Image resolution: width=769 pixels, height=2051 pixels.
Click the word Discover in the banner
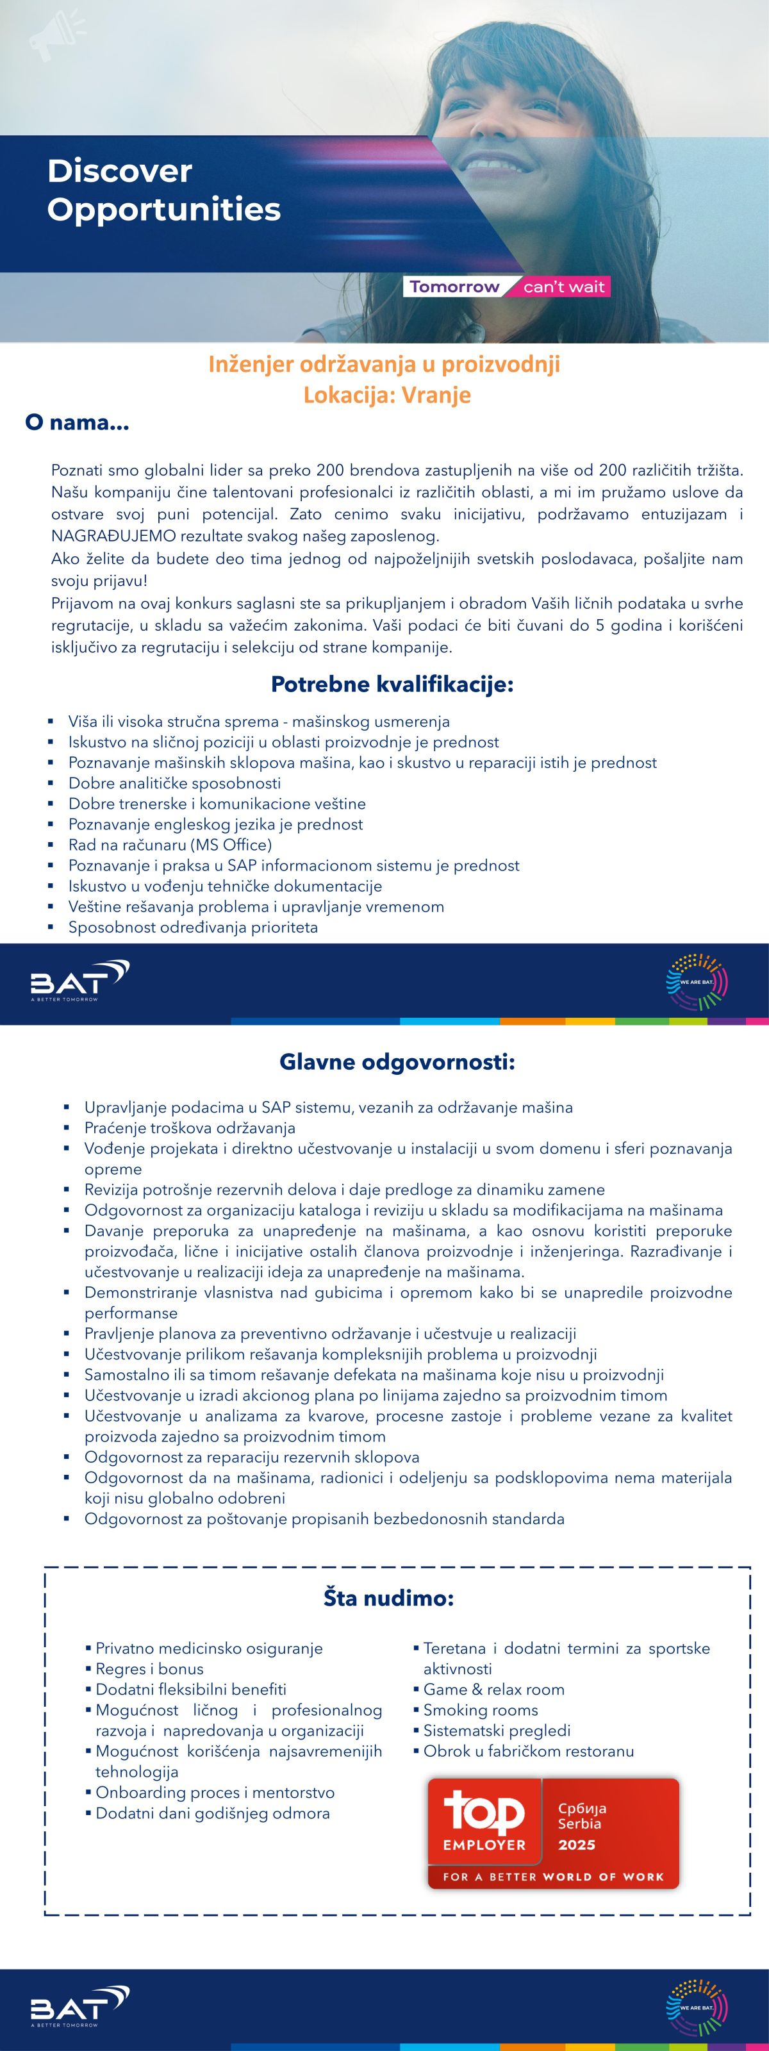(x=119, y=171)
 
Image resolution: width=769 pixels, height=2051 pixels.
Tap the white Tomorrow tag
(x=454, y=286)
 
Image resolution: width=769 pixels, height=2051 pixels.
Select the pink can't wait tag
(x=564, y=286)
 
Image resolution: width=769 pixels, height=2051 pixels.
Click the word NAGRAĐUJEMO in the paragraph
(x=113, y=536)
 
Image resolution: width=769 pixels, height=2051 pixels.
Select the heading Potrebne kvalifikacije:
(x=392, y=684)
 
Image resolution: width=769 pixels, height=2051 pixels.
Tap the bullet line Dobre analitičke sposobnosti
(x=174, y=783)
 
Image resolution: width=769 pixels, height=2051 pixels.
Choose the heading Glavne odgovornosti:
(x=397, y=1062)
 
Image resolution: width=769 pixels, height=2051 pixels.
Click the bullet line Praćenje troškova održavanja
(x=190, y=1127)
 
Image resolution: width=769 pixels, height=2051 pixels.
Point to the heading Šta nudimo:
(x=388, y=1598)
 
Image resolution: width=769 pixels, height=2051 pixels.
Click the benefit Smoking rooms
(x=480, y=1710)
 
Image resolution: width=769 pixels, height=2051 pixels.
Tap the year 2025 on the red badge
(x=576, y=1845)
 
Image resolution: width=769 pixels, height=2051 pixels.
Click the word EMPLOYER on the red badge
(x=484, y=1845)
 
